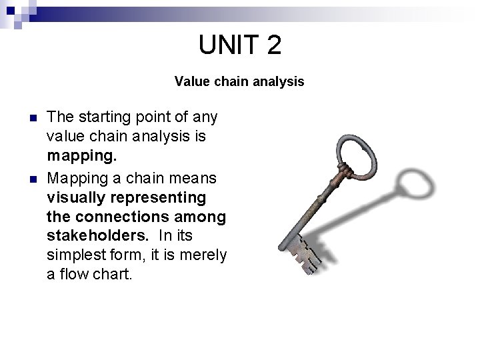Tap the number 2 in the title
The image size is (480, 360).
coord(273,45)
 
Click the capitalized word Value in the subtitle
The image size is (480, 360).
coord(189,82)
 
